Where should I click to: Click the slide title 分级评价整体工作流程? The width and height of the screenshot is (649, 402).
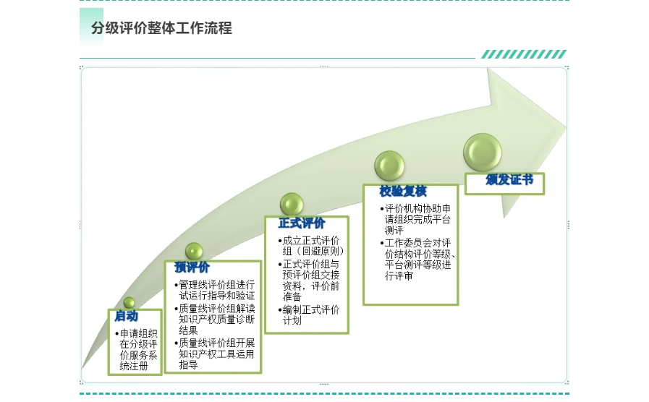click(x=161, y=28)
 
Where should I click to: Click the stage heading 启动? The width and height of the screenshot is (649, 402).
click(x=126, y=317)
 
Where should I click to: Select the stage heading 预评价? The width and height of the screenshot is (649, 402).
click(x=192, y=268)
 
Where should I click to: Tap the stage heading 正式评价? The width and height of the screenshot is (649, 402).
click(x=301, y=223)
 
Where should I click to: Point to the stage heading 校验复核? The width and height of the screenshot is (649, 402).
click(x=403, y=191)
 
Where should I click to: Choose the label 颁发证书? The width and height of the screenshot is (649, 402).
click(x=509, y=180)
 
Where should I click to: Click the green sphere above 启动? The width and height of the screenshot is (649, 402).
click(x=129, y=303)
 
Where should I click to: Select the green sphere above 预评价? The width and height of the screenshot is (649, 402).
click(x=194, y=252)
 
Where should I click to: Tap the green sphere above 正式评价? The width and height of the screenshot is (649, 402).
click(x=292, y=205)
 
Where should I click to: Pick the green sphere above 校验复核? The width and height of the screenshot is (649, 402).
click(x=389, y=166)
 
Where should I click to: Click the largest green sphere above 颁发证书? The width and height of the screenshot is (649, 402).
click(x=482, y=153)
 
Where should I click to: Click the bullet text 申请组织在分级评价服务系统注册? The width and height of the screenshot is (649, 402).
click(x=137, y=350)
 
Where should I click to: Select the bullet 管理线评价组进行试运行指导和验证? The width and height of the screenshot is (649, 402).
click(x=215, y=291)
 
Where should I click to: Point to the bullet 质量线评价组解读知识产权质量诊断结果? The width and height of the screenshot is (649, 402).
click(x=215, y=320)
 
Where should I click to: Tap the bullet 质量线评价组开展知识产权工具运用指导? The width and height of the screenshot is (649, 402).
click(x=215, y=354)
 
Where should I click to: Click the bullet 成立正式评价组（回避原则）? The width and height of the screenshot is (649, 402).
click(x=311, y=246)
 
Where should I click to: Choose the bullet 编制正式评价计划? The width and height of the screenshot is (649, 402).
click(x=309, y=315)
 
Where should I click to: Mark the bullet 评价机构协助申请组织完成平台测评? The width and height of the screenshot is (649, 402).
click(x=415, y=220)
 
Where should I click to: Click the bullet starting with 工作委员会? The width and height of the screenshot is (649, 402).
click(x=417, y=260)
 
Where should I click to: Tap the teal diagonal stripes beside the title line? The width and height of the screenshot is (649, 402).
click(x=524, y=54)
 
